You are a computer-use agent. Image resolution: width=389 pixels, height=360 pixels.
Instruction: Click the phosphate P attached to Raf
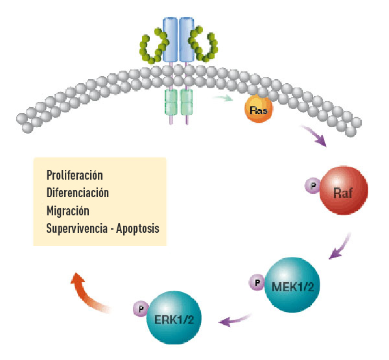tap(311, 186)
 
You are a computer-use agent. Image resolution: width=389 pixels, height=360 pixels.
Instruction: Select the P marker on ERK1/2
tap(139, 307)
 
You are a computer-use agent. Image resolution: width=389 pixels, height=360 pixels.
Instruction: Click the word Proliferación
tap(75, 176)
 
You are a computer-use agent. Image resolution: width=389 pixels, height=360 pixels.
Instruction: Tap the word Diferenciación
tap(77, 193)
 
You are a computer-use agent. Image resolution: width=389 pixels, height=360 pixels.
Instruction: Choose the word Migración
tap(67, 210)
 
